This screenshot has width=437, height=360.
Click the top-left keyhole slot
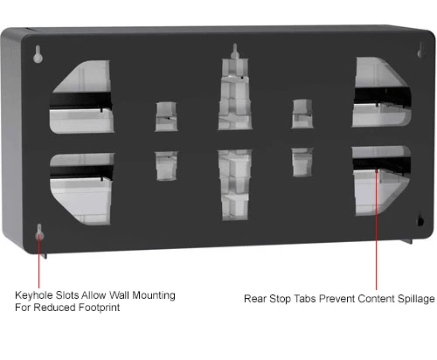click(x=38, y=54)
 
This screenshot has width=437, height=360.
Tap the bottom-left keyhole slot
click(x=39, y=232)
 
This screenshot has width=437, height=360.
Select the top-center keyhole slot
click(x=235, y=52)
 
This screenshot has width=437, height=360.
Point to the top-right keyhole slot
click(x=420, y=50)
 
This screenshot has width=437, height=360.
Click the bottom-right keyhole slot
click(x=420, y=220)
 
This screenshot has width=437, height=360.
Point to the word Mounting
click(x=154, y=295)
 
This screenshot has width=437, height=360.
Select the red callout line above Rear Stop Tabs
click(x=377, y=230)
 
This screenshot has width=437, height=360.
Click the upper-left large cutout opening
click(x=82, y=97)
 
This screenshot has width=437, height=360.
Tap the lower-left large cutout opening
click(x=81, y=189)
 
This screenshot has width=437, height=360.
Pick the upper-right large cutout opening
click(x=382, y=93)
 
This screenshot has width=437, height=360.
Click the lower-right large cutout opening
click(x=381, y=181)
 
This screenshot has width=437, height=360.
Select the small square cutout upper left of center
click(x=166, y=116)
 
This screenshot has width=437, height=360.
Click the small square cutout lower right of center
click(x=302, y=162)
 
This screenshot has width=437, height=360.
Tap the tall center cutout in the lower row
click(x=235, y=184)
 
